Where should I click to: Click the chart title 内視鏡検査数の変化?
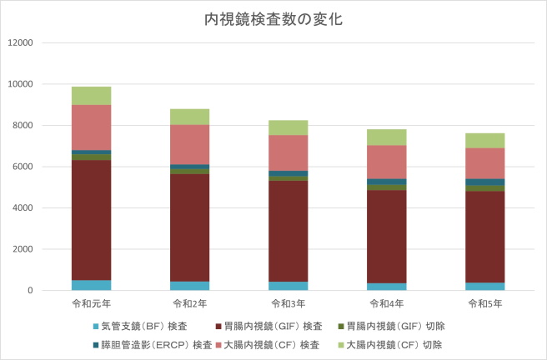tap(273, 18)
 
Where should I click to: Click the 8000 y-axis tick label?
tap(22, 125)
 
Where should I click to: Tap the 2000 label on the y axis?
tap(22, 249)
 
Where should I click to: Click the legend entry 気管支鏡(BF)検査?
tap(143, 325)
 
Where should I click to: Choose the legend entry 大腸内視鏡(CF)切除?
tap(397, 344)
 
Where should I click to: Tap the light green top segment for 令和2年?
tap(189, 117)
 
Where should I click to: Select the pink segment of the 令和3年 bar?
tap(288, 152)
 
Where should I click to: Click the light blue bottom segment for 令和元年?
tap(91, 285)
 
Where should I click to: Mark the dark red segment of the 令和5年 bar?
tap(484, 237)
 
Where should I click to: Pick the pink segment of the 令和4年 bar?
tap(386, 162)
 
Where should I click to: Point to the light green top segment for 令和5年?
tap(484, 140)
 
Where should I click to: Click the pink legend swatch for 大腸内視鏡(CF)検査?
tap(218, 344)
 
